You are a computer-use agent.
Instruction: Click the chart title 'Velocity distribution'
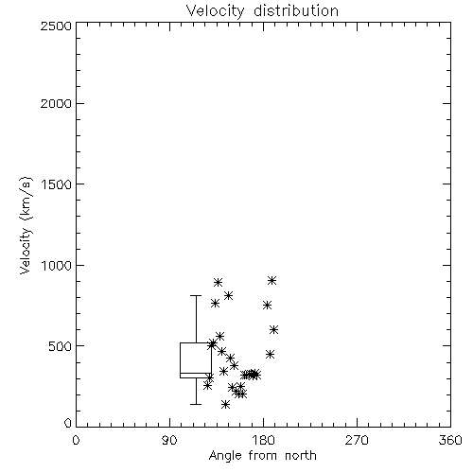[x=262, y=11]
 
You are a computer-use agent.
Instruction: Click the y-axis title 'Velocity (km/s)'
[x=26, y=225]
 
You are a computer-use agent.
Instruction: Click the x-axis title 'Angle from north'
[x=262, y=455]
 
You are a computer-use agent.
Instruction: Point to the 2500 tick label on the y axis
[x=56, y=26]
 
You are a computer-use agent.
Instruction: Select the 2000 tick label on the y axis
[x=56, y=103]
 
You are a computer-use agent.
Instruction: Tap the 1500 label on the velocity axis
[x=57, y=184]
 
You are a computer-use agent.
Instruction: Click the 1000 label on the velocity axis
[x=57, y=265]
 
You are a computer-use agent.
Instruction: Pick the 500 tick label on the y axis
[x=61, y=346]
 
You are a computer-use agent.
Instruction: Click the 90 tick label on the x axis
[x=169, y=440]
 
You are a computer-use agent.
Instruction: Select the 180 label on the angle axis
[x=263, y=440]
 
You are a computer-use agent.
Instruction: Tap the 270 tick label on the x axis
[x=357, y=440]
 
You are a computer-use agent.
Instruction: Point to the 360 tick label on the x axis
[x=450, y=440]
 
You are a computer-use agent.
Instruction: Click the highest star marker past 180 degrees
[x=272, y=280]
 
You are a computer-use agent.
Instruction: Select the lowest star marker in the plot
[x=225, y=404]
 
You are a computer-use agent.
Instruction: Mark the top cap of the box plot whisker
[x=196, y=296]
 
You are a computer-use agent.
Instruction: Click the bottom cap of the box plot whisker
[x=196, y=404]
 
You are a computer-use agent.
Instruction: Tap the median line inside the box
[x=196, y=374]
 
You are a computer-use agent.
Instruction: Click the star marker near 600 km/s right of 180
[x=274, y=330]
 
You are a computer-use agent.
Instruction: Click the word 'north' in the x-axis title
[x=301, y=455]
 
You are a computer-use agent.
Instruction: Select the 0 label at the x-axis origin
[x=76, y=440]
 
